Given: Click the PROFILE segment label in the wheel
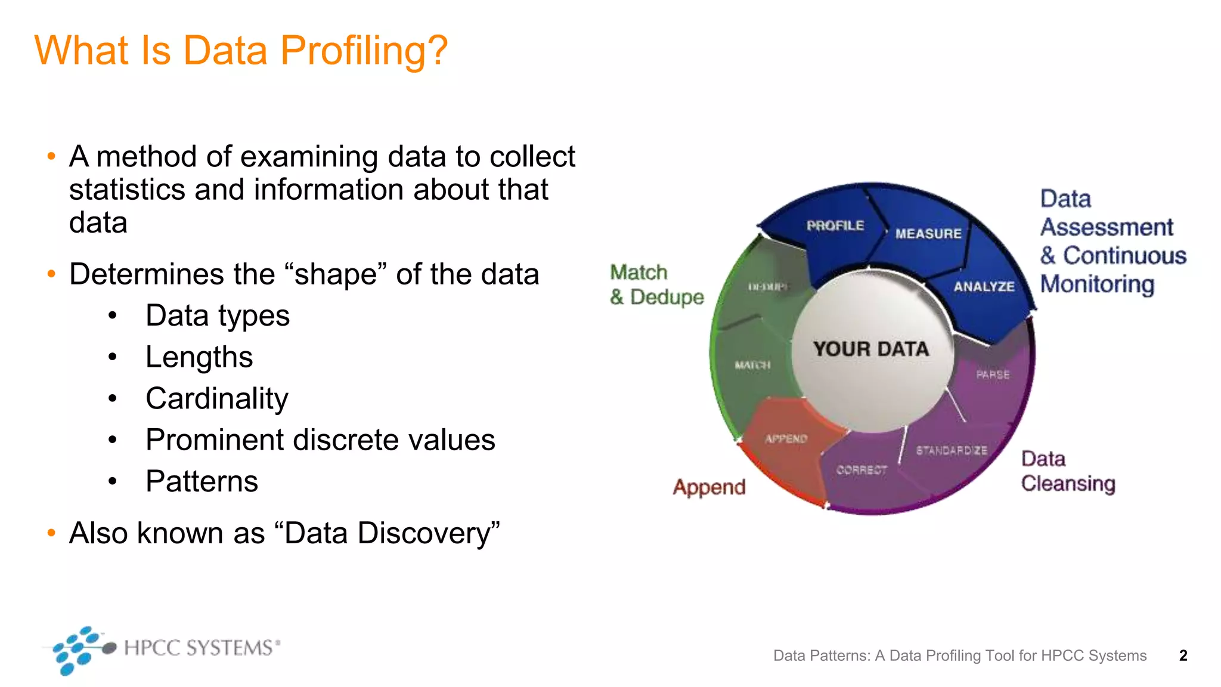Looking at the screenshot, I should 835,225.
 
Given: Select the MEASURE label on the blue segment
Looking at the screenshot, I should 928,234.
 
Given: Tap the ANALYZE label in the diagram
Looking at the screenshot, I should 984,287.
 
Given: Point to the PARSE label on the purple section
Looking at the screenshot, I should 993,375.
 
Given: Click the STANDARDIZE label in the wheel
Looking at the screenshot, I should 952,450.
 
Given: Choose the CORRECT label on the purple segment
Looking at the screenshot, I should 861,470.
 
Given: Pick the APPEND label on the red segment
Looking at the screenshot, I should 786,439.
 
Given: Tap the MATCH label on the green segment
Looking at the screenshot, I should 752,365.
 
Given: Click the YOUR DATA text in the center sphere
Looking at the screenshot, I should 871,349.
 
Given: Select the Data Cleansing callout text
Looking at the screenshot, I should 1067,471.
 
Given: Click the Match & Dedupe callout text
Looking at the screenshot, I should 656,284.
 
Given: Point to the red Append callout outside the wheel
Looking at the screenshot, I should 709,487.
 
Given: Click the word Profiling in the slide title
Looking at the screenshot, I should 364,51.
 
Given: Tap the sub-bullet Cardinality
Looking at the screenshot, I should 217,398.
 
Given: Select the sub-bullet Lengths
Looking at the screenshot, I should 199,357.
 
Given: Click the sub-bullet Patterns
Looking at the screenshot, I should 202,481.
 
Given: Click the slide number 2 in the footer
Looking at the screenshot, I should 1183,655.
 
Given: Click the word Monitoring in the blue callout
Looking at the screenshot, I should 1097,284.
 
